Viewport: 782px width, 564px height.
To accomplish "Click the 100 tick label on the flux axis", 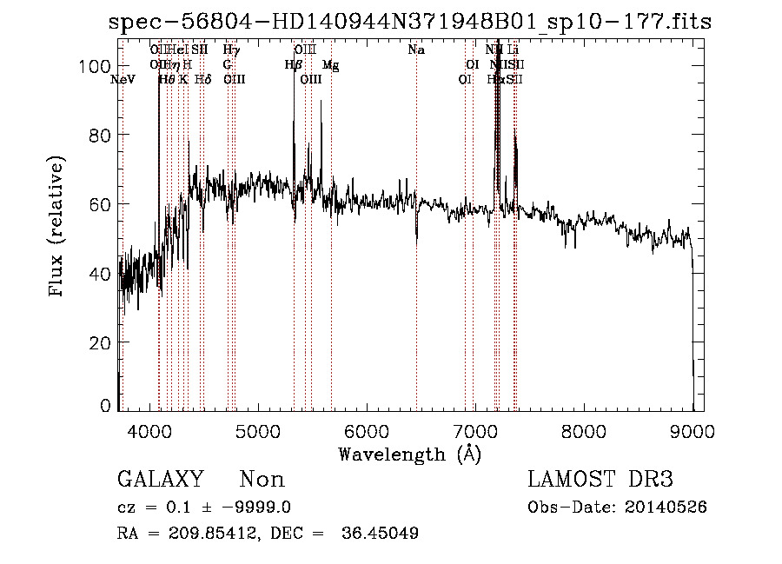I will point(96,66).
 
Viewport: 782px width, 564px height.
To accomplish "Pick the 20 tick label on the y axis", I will point(103,342).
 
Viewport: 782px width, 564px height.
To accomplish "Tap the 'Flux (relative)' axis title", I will point(58,229).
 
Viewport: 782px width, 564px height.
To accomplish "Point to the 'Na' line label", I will point(416,50).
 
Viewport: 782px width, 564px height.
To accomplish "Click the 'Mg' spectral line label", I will point(330,65).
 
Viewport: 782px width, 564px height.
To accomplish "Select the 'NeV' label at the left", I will point(123,80).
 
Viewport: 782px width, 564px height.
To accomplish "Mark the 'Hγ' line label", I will point(231,50).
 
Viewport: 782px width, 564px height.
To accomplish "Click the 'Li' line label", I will point(513,50).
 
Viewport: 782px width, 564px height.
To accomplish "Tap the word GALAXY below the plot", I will point(160,480).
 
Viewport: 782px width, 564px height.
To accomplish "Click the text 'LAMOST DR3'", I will point(600,480).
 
